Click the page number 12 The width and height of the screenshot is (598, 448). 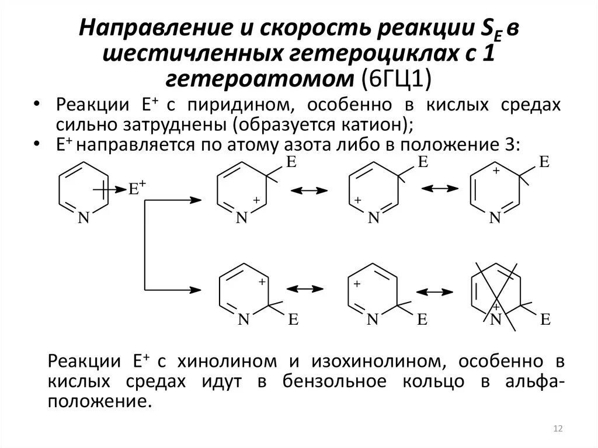pos(557,430)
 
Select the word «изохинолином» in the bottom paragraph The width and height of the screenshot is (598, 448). pos(367,360)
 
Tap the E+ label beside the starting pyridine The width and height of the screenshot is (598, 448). pos(138,188)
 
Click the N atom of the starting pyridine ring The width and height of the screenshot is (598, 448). pos(83,218)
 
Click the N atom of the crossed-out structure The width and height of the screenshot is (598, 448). pos(496,319)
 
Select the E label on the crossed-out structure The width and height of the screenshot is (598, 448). pos(545,319)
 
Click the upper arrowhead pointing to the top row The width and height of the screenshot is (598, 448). pos(197,200)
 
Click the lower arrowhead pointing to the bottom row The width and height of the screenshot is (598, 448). pos(197,289)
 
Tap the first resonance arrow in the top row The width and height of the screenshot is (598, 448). pos(309,190)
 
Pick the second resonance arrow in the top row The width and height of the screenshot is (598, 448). pos(440,188)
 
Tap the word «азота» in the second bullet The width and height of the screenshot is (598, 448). pos(301,144)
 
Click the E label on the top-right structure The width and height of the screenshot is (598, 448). pos(543,162)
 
